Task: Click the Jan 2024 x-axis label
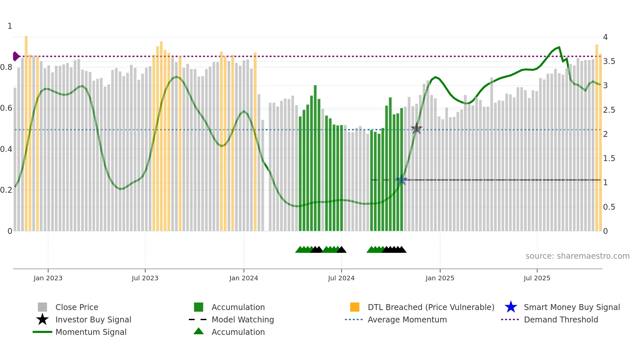pos(244,278)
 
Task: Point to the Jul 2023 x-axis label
pos(145,278)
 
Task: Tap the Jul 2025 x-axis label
pos(537,278)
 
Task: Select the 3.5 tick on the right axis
pos(609,61)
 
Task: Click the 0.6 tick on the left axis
pos(6,108)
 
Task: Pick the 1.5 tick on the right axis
pos(609,158)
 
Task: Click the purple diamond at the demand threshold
pos(16,56)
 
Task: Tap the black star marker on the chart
pos(416,129)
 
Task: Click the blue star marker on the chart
pos(402,180)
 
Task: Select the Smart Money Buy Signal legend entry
pos(571,307)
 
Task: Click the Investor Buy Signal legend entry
pos(93,319)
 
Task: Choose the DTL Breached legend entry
pos(431,307)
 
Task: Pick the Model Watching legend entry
pos(243,319)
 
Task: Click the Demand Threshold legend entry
pos(561,319)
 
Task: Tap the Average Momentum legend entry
pos(407,319)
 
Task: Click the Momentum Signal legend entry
pos(91,332)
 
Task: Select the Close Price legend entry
pos(77,307)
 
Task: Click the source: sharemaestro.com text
pos(577,256)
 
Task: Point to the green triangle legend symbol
pos(199,331)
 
